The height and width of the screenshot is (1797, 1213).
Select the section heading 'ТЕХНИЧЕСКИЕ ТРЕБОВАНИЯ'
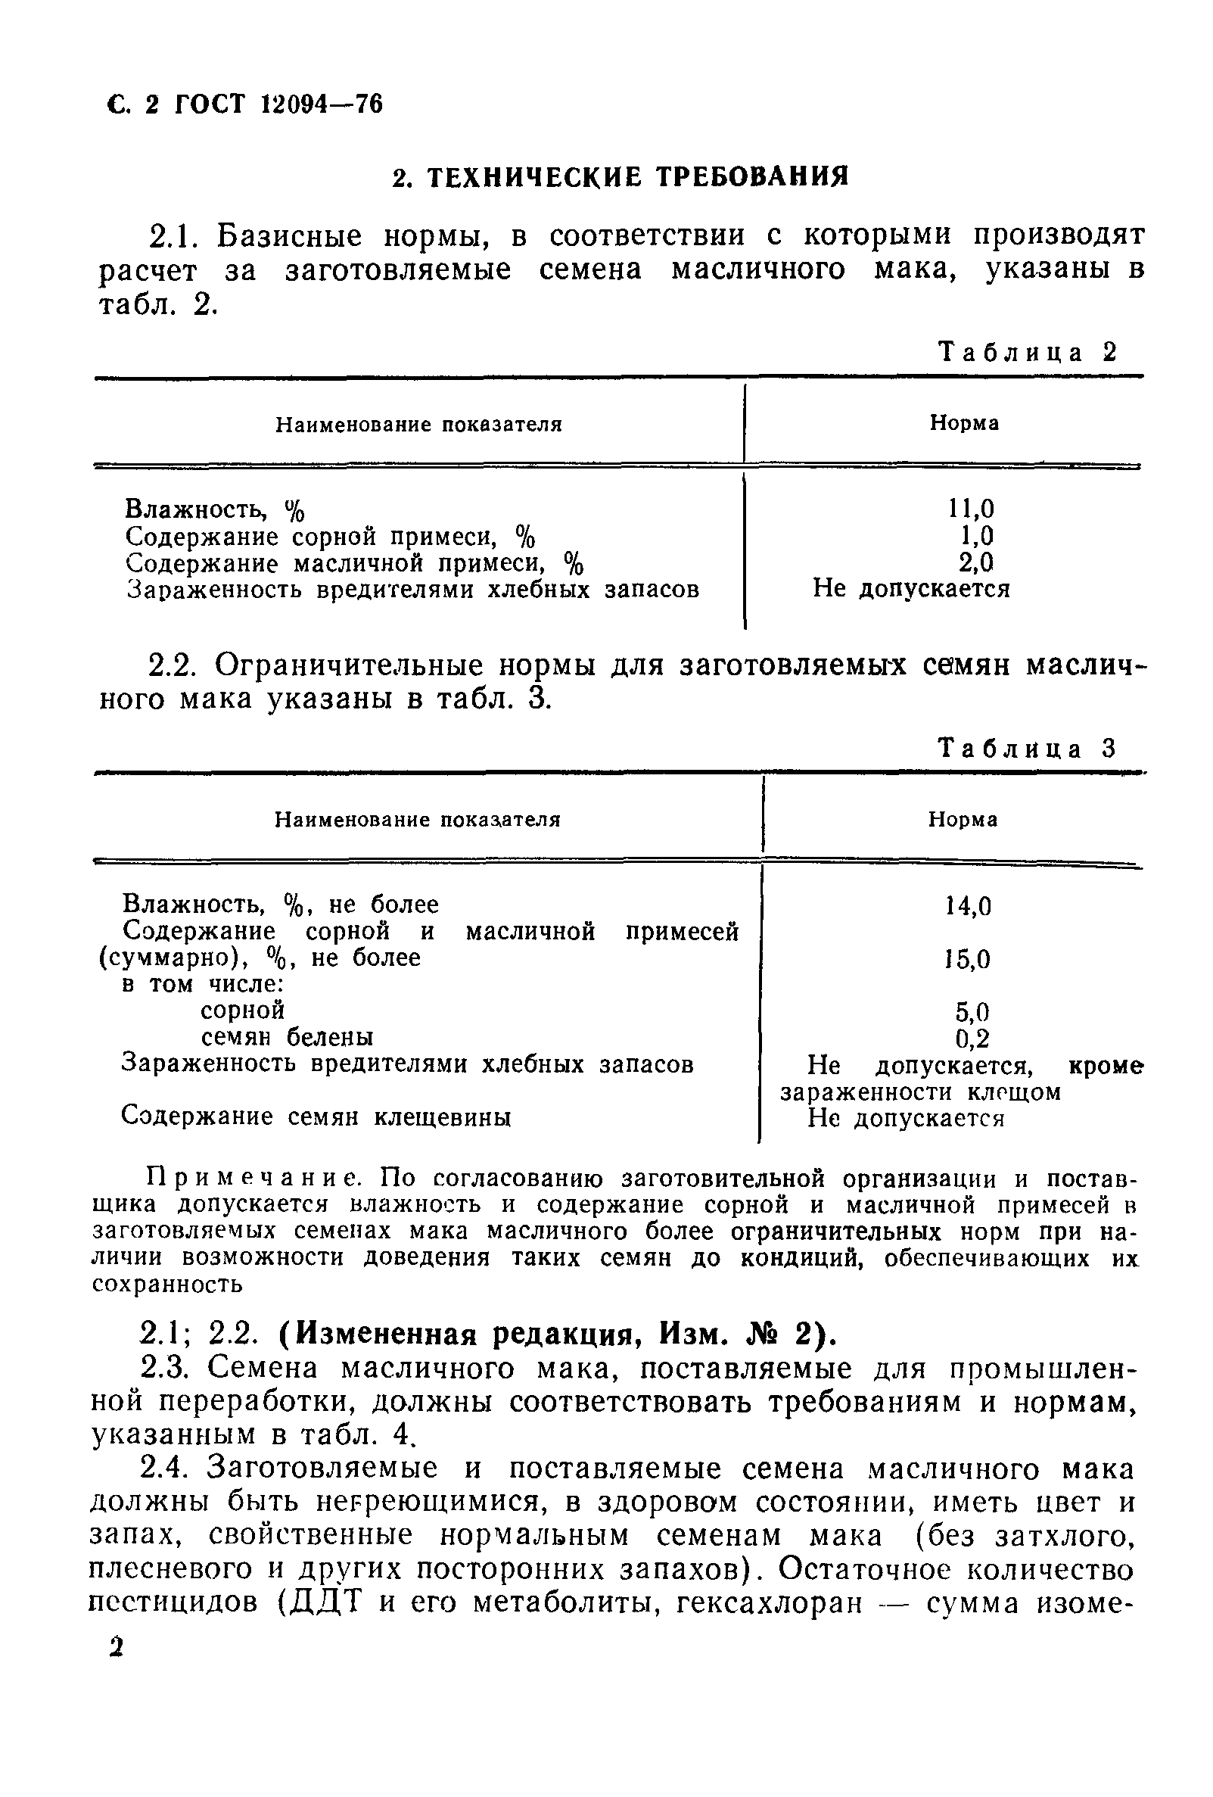coord(637,177)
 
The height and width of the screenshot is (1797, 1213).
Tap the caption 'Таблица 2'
coord(1028,353)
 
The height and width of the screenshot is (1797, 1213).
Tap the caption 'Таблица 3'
coord(1028,748)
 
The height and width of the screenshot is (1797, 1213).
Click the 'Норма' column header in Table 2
coord(963,423)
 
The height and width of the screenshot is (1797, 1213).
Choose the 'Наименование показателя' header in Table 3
coord(418,819)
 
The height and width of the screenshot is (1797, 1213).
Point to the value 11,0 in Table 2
coord(971,508)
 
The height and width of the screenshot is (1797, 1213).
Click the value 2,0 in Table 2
coord(975,562)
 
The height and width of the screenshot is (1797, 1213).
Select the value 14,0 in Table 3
coord(968,905)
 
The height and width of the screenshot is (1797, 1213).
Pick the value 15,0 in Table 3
coord(968,960)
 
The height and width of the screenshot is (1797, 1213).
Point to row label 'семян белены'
coord(288,1036)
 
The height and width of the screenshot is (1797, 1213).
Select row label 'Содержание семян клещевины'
coord(316,1117)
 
